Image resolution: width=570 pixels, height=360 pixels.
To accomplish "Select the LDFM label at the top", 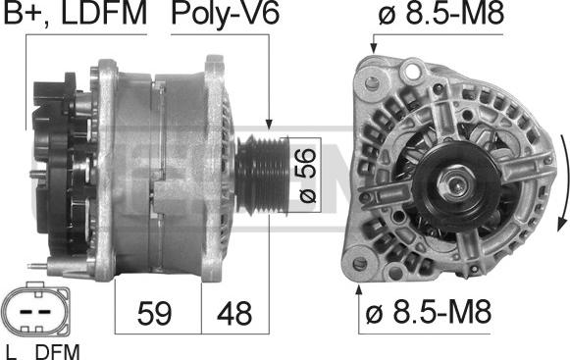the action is [104, 13].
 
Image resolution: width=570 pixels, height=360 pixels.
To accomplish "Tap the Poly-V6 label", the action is [226, 14].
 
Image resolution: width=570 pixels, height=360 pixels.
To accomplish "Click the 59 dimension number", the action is [154, 313].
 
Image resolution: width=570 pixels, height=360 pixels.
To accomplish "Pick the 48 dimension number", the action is [234, 313].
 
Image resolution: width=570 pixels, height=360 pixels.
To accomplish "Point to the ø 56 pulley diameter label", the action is [307, 176].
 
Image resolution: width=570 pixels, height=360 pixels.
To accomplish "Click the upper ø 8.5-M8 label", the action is [440, 13].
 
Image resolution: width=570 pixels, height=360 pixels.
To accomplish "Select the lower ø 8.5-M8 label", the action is [428, 311].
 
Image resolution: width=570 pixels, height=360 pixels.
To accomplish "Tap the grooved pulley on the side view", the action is [263, 175].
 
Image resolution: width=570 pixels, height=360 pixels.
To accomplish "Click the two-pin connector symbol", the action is [35, 309].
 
